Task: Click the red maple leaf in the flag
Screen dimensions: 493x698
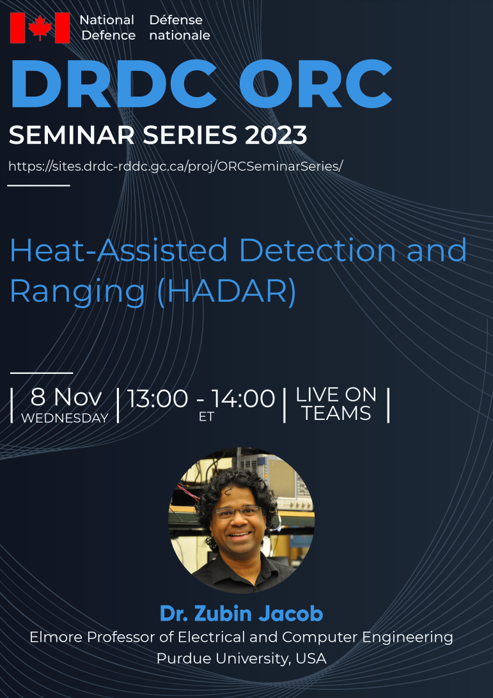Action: [x=40, y=27]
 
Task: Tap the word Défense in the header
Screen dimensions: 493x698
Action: [x=176, y=20]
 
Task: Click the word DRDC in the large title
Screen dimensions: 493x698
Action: [x=113, y=84]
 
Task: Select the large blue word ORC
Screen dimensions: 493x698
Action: [x=315, y=84]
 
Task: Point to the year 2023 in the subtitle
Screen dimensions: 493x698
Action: [x=275, y=134]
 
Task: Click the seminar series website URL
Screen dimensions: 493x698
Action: [x=176, y=166]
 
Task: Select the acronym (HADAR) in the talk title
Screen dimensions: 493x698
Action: [x=227, y=291]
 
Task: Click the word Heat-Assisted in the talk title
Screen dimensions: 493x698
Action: [x=118, y=250]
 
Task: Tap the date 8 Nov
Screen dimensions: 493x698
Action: [x=66, y=397]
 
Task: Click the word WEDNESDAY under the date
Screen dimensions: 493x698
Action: [x=65, y=418]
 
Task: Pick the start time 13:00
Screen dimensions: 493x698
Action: [x=158, y=398]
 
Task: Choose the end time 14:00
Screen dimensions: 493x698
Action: [x=243, y=398]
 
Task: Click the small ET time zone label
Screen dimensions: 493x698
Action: [x=207, y=417]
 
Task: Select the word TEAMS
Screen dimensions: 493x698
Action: [x=336, y=413]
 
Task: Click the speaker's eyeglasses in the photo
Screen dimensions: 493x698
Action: [x=237, y=512]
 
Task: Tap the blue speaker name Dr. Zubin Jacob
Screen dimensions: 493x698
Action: [x=241, y=614]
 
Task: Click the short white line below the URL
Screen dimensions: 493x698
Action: [x=39, y=185]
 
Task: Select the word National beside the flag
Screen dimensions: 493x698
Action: [x=107, y=20]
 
